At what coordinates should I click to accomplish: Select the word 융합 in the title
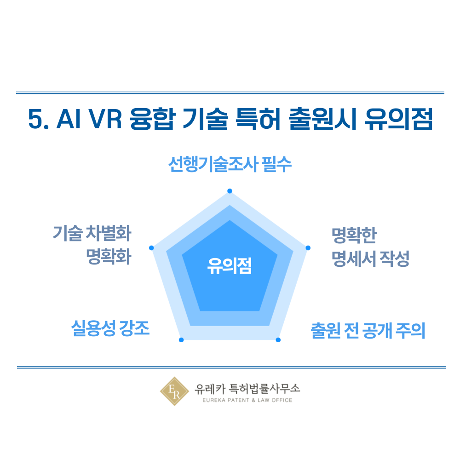[x=153, y=119]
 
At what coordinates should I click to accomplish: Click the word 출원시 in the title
[x=323, y=119]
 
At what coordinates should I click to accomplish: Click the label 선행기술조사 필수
[x=230, y=164]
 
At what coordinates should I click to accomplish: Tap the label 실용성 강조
[x=110, y=328]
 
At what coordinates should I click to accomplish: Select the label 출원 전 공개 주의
[x=368, y=330]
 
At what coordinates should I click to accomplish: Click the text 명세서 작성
[x=370, y=259]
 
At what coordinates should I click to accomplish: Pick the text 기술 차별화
[x=92, y=233]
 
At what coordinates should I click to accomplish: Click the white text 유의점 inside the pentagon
[x=230, y=266]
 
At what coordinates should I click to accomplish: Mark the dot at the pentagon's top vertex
[x=230, y=191]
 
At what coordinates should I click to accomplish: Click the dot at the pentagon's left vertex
[x=151, y=248]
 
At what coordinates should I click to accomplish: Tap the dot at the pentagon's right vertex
[x=308, y=248]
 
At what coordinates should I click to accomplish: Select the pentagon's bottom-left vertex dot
[x=181, y=340]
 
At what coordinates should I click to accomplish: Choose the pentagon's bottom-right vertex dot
[x=278, y=340]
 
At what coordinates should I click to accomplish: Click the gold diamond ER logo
[x=174, y=391]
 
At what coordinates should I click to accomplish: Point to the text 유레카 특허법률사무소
[x=247, y=389]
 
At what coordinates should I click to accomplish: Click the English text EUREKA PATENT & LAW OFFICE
[x=247, y=400]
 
